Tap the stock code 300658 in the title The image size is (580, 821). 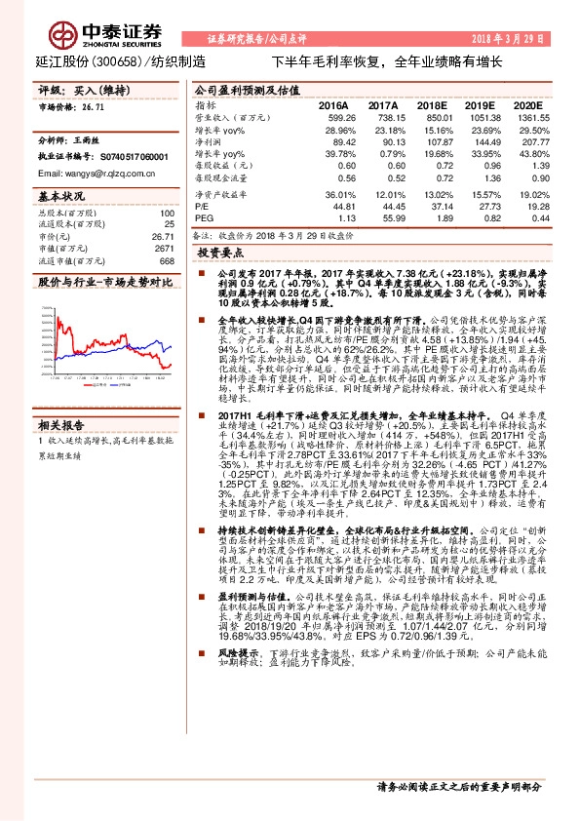(122, 61)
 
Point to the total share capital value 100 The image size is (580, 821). (166, 213)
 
